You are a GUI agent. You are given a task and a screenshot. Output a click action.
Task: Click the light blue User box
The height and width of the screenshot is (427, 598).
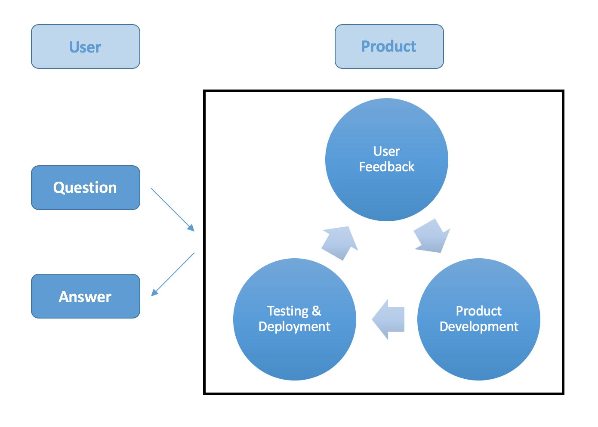[85, 46]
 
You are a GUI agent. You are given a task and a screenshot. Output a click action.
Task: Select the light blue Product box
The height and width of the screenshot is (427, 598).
[389, 46]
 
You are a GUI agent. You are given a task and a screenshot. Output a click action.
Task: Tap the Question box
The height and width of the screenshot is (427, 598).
[85, 188]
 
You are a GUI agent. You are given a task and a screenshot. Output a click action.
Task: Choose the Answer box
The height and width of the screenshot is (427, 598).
[85, 296]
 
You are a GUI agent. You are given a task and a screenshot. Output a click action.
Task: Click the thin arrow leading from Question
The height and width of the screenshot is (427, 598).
[172, 209]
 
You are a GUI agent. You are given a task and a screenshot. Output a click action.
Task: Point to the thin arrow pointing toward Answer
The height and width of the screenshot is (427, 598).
[173, 274]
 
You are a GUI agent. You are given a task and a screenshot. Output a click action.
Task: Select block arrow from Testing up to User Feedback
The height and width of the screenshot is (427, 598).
[340, 243]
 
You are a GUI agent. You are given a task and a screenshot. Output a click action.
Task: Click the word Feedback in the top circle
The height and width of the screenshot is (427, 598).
[386, 167]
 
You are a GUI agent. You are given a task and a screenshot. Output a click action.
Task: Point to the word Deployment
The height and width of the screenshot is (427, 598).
[294, 327]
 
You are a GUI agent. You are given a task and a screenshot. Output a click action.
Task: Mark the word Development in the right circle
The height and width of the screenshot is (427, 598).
[478, 327]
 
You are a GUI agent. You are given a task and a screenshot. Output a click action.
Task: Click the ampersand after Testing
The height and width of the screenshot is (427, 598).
[316, 311]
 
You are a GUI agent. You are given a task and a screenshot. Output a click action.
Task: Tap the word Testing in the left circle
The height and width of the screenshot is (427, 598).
[287, 311]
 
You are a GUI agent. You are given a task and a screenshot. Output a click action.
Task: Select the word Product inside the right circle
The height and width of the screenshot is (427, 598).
[478, 311]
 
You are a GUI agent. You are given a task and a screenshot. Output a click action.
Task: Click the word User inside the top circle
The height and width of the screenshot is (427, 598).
[386, 152]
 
